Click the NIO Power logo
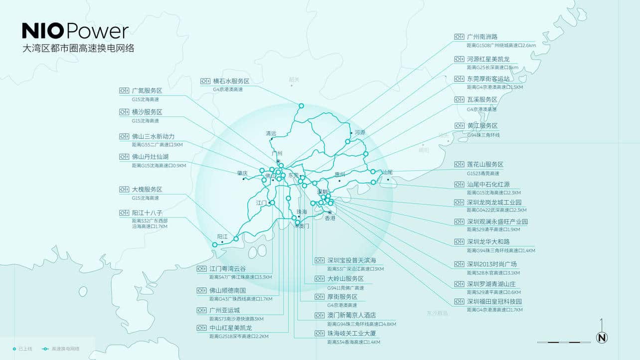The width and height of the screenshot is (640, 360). point(75,31)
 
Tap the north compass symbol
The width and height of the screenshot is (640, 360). point(602,338)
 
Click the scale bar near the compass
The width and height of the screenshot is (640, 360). point(562,342)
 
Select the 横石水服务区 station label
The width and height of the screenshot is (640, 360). point(231,81)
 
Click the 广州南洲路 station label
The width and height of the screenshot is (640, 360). point(482,37)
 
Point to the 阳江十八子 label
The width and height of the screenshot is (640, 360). point(147,213)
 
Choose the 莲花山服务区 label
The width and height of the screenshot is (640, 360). point(485,165)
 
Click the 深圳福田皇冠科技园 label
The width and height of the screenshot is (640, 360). point(494,302)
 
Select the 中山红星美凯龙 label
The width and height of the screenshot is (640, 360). point(230,328)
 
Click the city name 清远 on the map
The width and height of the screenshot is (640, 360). point(271,133)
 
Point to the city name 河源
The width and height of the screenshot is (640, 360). point(360,133)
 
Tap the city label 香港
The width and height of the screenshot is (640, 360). point(330,218)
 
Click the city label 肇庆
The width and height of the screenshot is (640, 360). point(242,173)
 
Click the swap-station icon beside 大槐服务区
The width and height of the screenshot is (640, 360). point(124,189)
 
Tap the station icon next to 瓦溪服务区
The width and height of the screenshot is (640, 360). point(459,100)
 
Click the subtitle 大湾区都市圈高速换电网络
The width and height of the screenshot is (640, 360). point(78,49)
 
